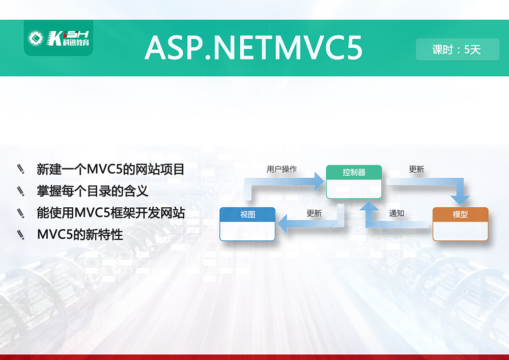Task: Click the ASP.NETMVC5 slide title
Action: click(253, 48)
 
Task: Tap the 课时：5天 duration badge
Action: click(458, 49)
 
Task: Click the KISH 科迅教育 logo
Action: click(59, 38)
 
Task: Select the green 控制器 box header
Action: click(354, 172)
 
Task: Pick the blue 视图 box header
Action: click(247, 214)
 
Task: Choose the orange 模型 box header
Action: click(460, 214)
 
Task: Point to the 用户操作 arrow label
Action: click(281, 169)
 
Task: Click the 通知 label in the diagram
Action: click(397, 213)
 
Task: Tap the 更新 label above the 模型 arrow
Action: click(416, 169)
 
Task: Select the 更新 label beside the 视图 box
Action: click(314, 213)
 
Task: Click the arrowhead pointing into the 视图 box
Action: click(282, 224)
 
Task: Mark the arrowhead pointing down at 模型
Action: click(460, 200)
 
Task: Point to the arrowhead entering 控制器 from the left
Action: click(320, 181)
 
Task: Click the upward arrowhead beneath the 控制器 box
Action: click(370, 206)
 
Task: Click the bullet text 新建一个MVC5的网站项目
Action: click(110, 169)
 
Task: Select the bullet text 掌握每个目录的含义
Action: click(93, 191)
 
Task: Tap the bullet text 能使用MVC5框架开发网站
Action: click(110, 213)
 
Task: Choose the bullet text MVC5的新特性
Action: click(80, 234)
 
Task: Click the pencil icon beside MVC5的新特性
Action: click(21, 235)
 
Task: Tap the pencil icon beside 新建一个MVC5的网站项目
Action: click(21, 169)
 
